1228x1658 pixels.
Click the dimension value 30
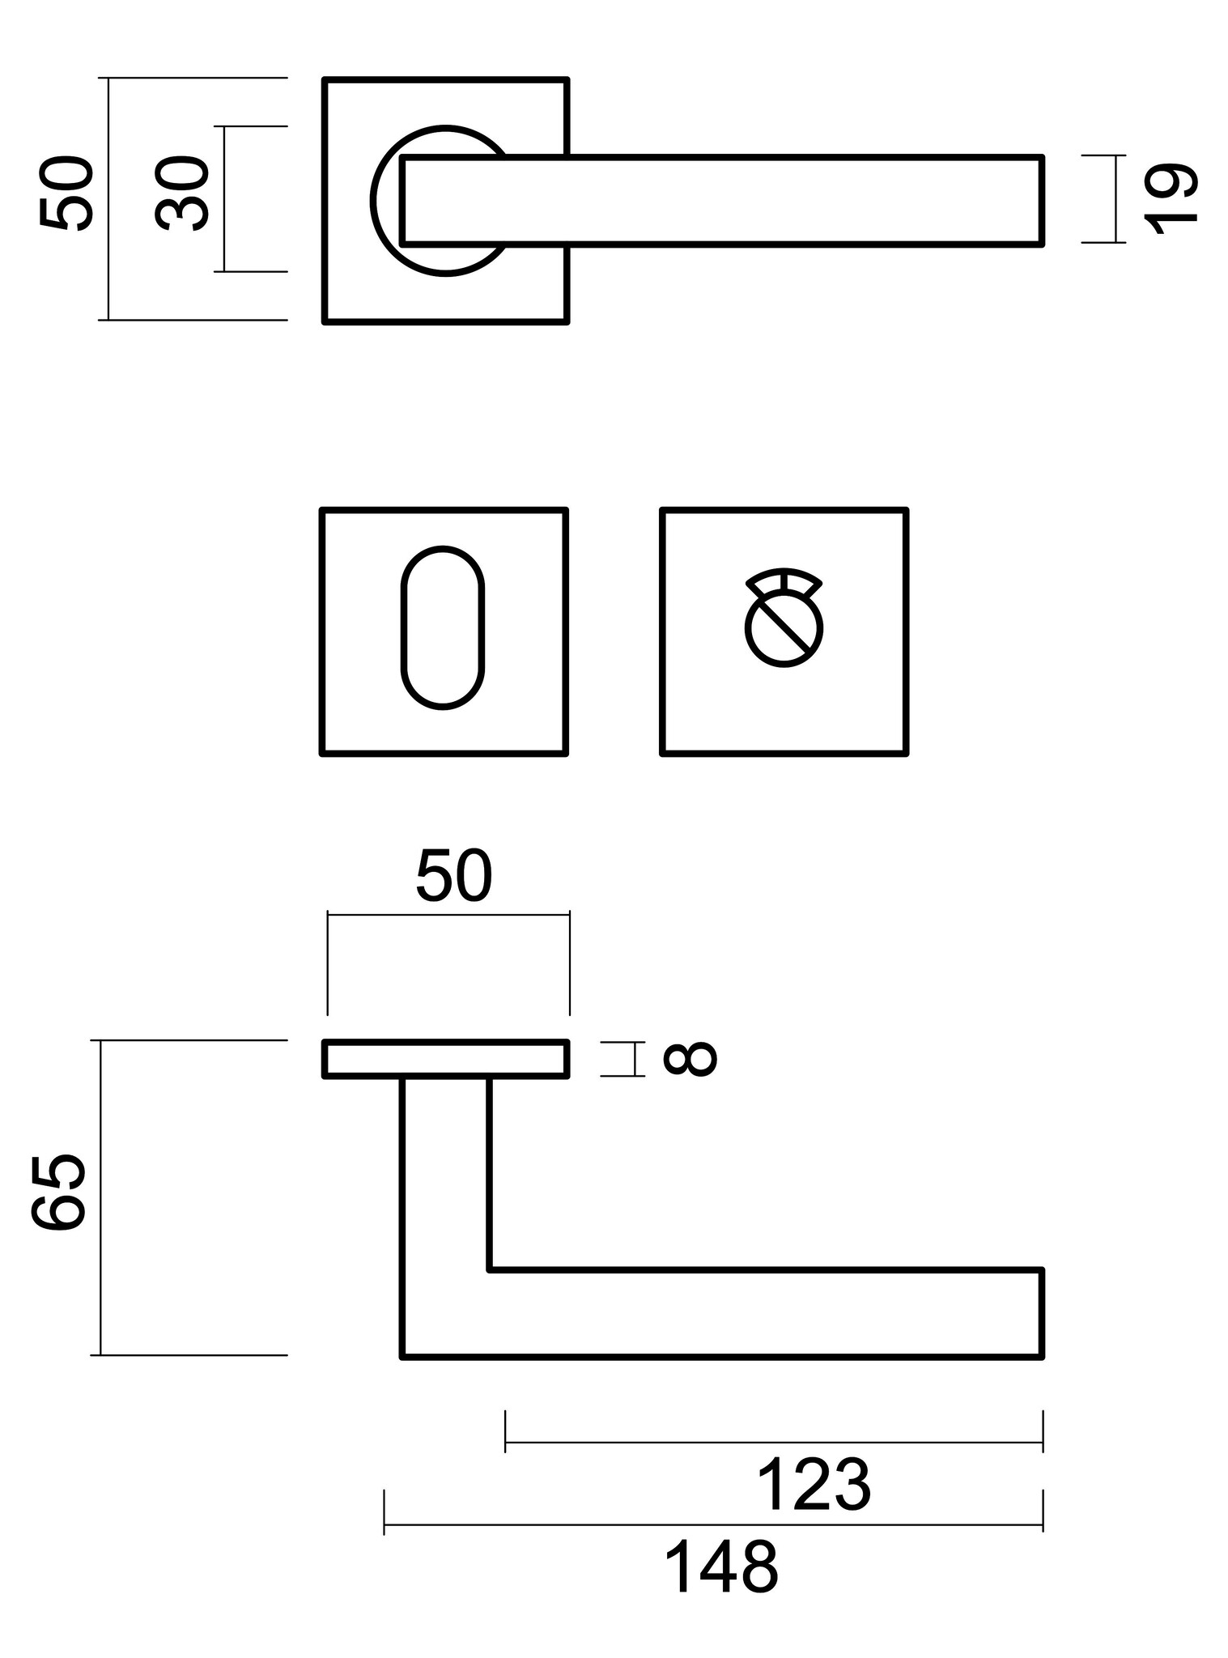(x=182, y=194)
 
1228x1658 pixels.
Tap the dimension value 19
(x=1171, y=199)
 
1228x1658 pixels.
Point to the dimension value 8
(x=690, y=1059)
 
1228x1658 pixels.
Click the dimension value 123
(x=814, y=1485)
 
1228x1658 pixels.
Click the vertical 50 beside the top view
(x=67, y=194)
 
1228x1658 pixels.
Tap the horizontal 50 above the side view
(x=453, y=876)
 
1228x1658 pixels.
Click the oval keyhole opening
(x=443, y=628)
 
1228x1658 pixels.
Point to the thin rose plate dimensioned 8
(x=446, y=1059)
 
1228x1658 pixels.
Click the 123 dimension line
(x=773, y=1443)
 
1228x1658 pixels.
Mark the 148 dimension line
(x=712, y=1524)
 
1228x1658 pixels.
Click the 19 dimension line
(x=1115, y=199)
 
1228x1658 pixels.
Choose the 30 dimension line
(x=225, y=199)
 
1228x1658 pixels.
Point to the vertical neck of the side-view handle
(x=446, y=1174)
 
